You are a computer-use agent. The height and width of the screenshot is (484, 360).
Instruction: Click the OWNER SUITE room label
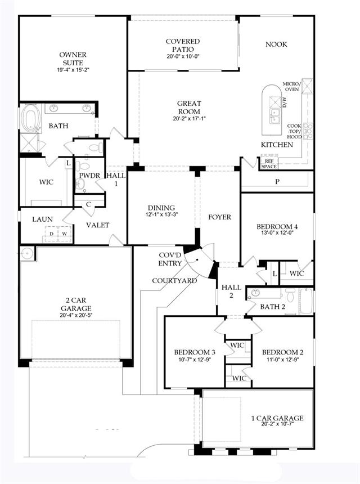73,59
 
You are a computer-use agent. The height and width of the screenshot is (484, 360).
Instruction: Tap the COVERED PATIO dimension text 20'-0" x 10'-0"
183,56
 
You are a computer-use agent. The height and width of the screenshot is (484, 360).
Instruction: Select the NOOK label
276,44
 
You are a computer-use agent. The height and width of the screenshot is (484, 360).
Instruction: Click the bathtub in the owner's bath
30,119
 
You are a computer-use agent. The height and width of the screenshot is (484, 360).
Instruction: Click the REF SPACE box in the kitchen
269,164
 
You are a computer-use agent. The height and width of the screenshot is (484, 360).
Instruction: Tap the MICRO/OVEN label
291,87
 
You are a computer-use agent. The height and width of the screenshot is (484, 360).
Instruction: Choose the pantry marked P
277,182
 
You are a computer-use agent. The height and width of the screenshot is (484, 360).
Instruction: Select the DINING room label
161,208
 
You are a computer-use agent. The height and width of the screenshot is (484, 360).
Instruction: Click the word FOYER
219,217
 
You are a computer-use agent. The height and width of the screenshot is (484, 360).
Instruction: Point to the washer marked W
65,234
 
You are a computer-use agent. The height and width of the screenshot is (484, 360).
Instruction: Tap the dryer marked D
52,234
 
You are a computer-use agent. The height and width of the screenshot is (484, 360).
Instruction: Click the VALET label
97,225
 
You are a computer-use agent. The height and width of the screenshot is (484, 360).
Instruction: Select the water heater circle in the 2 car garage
27,254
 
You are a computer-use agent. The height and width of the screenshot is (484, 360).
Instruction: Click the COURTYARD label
174,281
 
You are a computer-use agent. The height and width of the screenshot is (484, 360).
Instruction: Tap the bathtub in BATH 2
307,301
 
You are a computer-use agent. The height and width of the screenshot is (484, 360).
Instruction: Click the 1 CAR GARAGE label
277,418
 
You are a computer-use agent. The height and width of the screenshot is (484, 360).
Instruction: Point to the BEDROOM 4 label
277,227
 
